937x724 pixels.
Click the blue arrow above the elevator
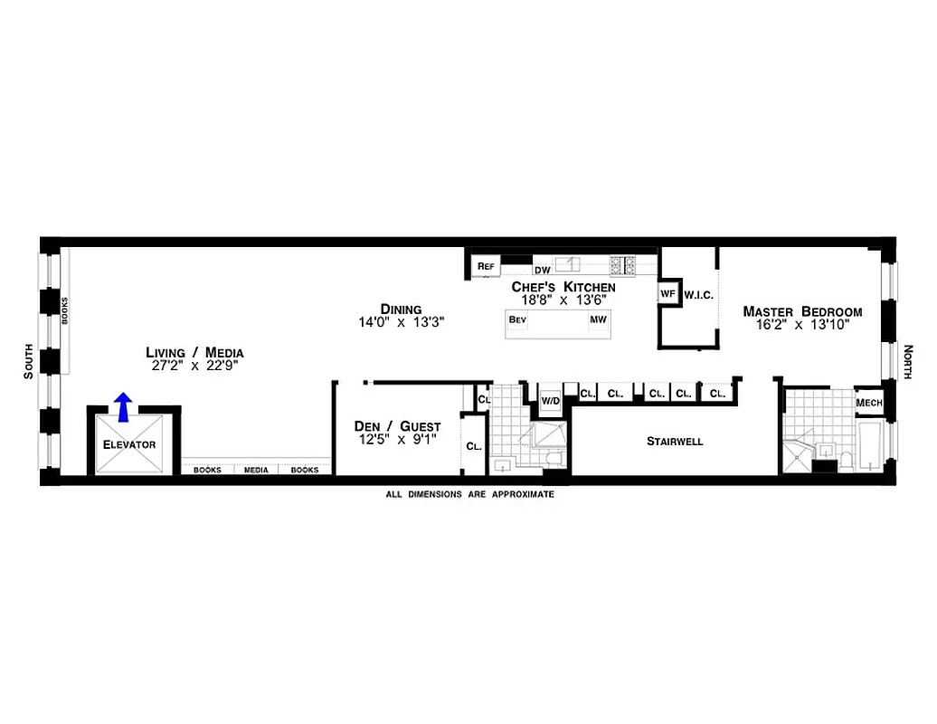tap(124, 407)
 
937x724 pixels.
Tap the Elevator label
tap(129, 444)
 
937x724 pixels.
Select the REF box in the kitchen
tap(486, 266)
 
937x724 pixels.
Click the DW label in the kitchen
tap(543, 270)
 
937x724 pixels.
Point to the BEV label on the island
tap(517, 320)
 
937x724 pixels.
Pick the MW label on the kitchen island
tap(598, 320)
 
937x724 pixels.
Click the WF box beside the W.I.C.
tap(667, 294)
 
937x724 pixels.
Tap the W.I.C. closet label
tap(699, 294)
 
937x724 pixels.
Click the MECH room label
tap(869, 403)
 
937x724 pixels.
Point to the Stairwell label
tap(675, 442)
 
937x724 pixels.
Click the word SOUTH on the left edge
tap(29, 361)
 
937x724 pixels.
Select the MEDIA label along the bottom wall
tap(256, 470)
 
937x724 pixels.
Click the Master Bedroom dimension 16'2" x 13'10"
tap(802, 328)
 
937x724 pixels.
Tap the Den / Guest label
tap(397, 426)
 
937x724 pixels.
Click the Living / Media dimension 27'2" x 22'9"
tap(194, 367)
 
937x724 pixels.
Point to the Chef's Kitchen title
tap(563, 286)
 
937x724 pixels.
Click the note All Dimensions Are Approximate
tap(469, 495)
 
